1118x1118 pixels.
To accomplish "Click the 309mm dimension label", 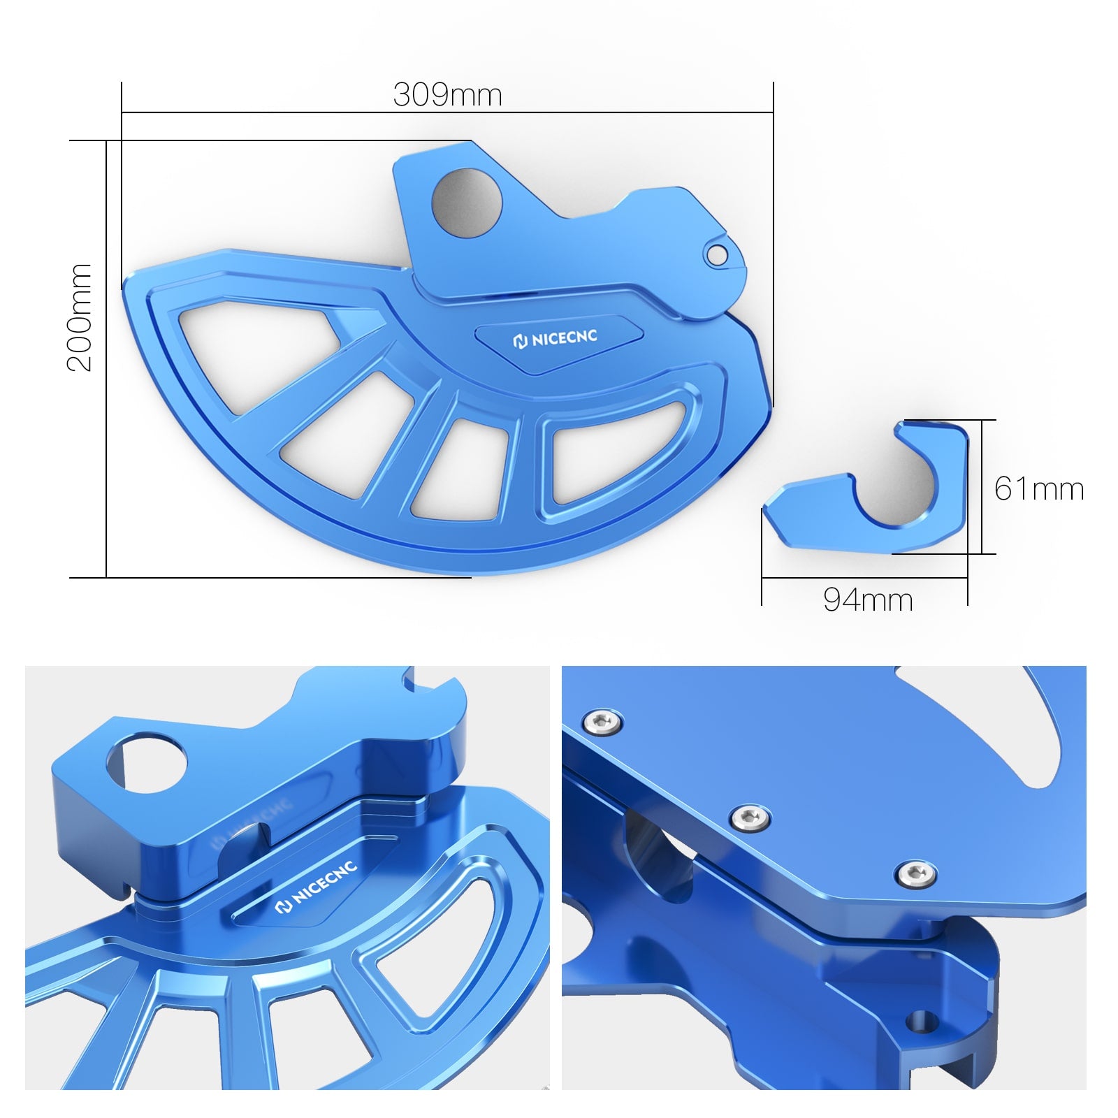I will [x=447, y=95].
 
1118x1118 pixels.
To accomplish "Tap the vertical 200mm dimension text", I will [x=79, y=317].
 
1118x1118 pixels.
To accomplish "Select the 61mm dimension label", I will [x=1039, y=488].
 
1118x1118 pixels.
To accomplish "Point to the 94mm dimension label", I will [x=868, y=600].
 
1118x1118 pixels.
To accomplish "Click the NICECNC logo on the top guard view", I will [x=556, y=339].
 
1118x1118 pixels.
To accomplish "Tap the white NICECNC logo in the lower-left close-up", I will [x=317, y=887].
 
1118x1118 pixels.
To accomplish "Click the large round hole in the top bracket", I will [x=467, y=203].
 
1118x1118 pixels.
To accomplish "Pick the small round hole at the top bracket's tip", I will [x=716, y=255].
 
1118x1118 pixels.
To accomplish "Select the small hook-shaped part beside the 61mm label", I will [x=873, y=496].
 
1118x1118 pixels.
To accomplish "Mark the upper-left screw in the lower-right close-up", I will [x=603, y=722].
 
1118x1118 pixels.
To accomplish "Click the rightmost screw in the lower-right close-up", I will [x=916, y=873].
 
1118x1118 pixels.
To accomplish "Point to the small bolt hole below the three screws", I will [x=922, y=1021].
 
